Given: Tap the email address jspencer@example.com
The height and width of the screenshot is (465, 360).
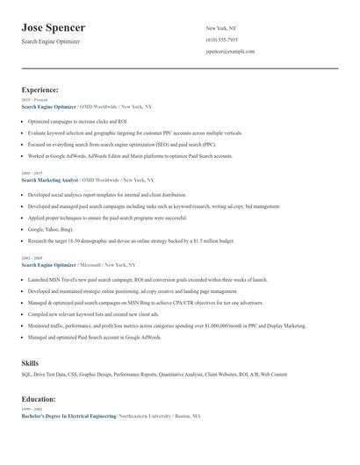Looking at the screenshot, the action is pyautogui.click(x=230, y=52).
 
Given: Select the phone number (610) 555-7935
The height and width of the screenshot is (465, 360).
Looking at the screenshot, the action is pyautogui.click(x=221, y=40).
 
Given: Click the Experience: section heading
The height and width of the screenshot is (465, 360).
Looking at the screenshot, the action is pyautogui.click(x=40, y=89).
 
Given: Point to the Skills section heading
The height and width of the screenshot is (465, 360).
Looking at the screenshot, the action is pyautogui.click(x=31, y=362).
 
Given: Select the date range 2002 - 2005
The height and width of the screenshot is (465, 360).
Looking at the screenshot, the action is pyautogui.click(x=32, y=258).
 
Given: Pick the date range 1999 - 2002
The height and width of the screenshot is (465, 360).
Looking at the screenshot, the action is pyautogui.click(x=32, y=410).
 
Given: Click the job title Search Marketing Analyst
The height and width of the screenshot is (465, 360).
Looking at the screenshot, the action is pyautogui.click(x=50, y=181).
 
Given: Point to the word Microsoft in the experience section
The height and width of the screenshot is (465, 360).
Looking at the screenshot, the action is pyautogui.click(x=89, y=264).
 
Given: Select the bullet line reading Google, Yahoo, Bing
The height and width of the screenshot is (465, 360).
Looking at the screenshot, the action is pyautogui.click(x=50, y=228).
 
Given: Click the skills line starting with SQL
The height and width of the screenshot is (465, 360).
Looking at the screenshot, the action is pyautogui.click(x=154, y=375).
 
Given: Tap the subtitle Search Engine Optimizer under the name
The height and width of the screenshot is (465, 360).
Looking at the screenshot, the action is pyautogui.click(x=54, y=42).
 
